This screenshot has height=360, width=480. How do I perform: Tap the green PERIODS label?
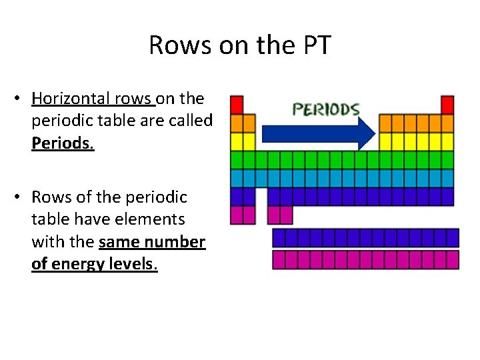click(327, 109)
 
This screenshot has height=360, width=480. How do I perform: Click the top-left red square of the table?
click(237, 105)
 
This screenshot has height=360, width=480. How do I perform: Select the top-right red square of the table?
click(448, 105)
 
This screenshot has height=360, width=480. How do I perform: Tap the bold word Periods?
click(62, 144)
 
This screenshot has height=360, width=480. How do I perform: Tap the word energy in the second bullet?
click(80, 264)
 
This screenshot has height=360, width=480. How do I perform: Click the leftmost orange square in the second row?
click(237, 123)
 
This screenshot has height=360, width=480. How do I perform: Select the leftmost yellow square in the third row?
click(237, 141)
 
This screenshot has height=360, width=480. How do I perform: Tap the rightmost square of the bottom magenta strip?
click(453, 260)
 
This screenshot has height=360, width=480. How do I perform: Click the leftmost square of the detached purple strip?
click(279, 238)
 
